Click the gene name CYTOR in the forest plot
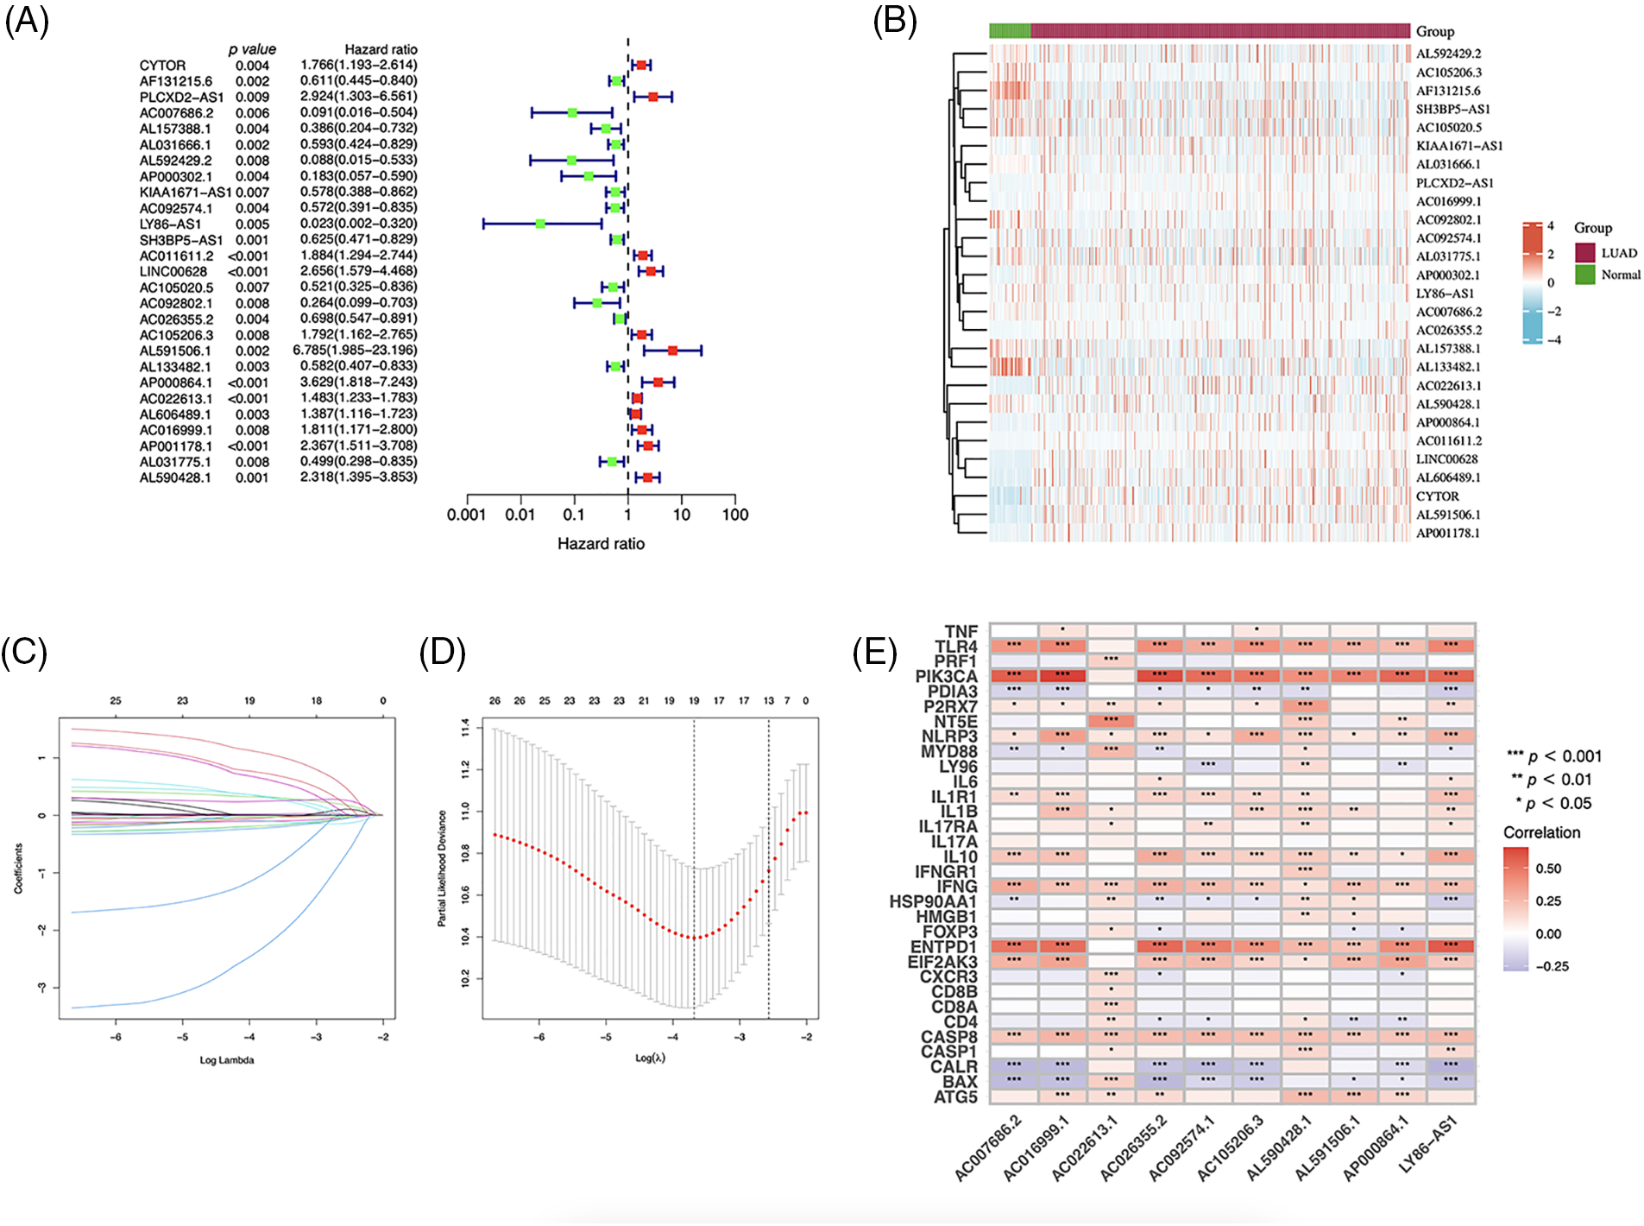pyautogui.click(x=162, y=66)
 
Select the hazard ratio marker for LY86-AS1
pyautogui.click(x=540, y=224)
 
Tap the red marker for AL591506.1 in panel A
pyautogui.click(x=672, y=351)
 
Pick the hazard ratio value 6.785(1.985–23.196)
pyautogui.click(x=355, y=351)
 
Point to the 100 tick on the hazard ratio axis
pyautogui.click(x=735, y=515)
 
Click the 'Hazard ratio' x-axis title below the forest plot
pyautogui.click(x=601, y=544)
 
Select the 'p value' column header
pyautogui.click(x=252, y=50)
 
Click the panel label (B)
pyautogui.click(x=894, y=21)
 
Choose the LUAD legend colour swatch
pyautogui.click(x=1584, y=253)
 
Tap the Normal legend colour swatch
pyautogui.click(x=1584, y=275)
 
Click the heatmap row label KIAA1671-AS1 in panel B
pyautogui.click(x=1458, y=146)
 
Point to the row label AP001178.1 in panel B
pyautogui.click(x=1447, y=534)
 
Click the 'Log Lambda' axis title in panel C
pyautogui.click(x=227, y=1060)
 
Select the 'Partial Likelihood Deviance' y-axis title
pyautogui.click(x=442, y=869)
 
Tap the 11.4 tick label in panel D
pyautogui.click(x=466, y=730)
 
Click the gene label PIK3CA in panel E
pyautogui.click(x=946, y=677)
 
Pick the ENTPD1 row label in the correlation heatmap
pyautogui.click(x=943, y=947)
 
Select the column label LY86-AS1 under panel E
pyautogui.click(x=1429, y=1144)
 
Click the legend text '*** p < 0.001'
pyautogui.click(x=1554, y=757)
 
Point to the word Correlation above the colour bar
pyautogui.click(x=1541, y=833)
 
